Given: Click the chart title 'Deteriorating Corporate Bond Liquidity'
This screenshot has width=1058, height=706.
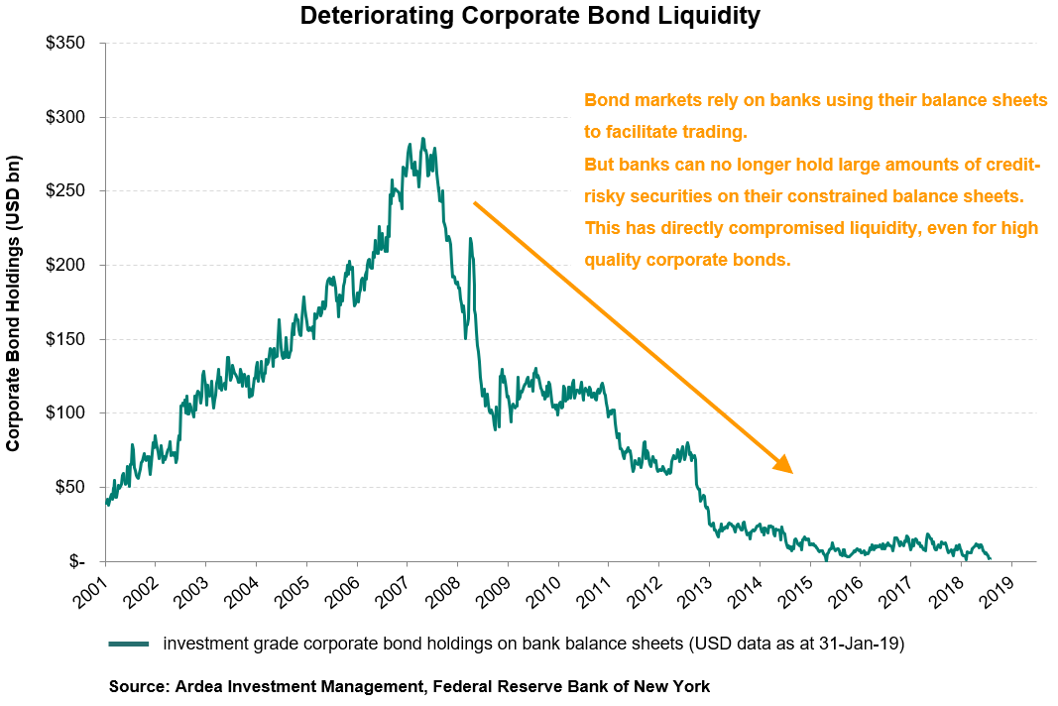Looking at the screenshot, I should pyautogui.click(x=529, y=16).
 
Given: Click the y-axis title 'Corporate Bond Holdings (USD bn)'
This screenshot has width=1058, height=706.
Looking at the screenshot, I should pyautogui.click(x=14, y=302).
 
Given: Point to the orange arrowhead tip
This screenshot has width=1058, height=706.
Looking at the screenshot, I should pyautogui.click(x=792, y=473).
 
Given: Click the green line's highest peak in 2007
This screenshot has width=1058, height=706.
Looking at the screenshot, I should pyautogui.click(x=422, y=139).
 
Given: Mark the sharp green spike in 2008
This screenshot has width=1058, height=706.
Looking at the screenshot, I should pyautogui.click(x=469, y=238).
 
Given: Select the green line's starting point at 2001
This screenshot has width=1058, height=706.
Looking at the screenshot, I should pyautogui.click(x=105, y=502).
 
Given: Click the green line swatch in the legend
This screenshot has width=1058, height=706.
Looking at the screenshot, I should pyautogui.click(x=129, y=644).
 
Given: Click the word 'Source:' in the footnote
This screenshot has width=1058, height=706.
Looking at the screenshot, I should pyautogui.click(x=140, y=686).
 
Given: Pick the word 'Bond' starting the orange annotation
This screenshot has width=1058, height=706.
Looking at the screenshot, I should pyautogui.click(x=604, y=101).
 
